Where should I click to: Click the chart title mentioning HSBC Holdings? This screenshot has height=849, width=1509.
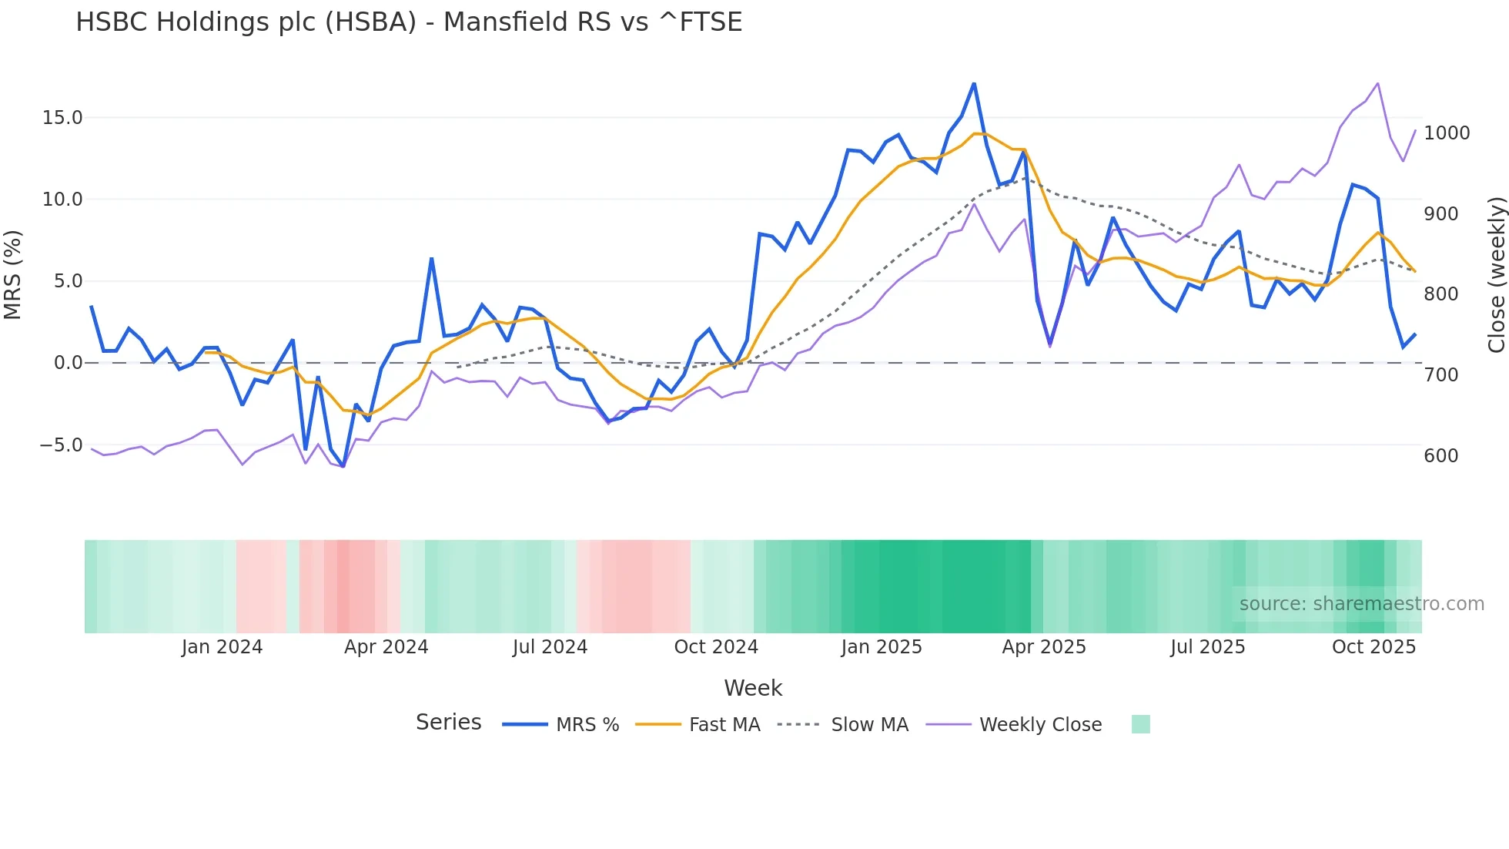point(409,22)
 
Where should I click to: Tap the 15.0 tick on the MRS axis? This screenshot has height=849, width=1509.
point(62,118)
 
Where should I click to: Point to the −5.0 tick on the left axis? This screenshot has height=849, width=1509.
point(61,445)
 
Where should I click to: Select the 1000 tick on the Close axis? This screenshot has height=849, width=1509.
point(1447,133)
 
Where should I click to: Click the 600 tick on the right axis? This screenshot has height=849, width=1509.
point(1440,456)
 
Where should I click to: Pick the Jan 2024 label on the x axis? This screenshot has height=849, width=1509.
point(222,647)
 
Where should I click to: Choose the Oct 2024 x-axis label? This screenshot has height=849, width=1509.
point(716,647)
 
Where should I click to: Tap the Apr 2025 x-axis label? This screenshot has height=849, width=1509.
point(1043,647)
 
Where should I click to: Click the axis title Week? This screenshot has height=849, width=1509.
point(753,688)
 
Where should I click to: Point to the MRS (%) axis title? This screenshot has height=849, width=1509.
point(12,275)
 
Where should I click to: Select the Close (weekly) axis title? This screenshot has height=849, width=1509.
point(1496,275)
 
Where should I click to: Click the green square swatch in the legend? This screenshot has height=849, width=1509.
point(1140,724)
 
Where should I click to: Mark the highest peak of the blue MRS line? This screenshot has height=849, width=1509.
point(974,83)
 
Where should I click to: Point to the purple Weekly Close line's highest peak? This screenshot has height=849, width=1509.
point(1377,83)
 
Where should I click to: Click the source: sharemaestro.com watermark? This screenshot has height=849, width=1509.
point(1361,604)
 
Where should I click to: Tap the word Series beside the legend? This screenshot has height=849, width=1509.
point(448,723)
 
